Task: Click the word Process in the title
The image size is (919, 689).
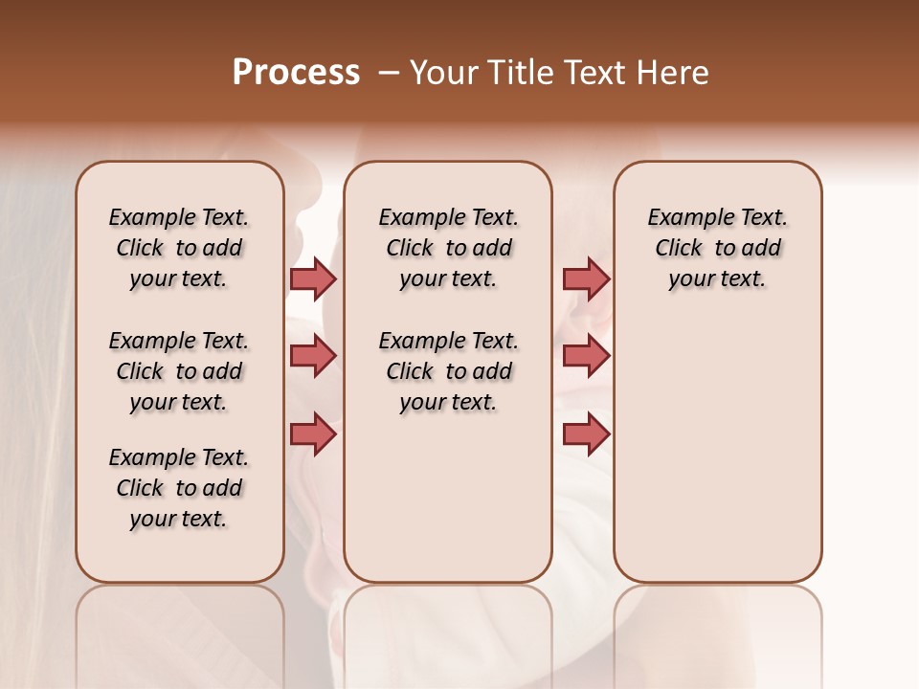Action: (296, 73)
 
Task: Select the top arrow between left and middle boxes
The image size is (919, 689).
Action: (313, 279)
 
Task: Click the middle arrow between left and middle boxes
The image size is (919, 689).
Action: (313, 357)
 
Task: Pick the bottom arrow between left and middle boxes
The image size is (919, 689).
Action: (313, 433)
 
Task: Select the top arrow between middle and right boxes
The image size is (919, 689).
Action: (586, 279)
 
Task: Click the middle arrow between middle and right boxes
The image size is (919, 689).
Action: (586, 357)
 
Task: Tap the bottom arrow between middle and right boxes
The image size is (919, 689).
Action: (586, 433)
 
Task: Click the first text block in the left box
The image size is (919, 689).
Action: (179, 248)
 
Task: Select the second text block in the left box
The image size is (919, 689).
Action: (179, 371)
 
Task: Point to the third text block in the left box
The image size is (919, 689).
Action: (179, 488)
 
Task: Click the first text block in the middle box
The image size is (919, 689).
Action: (448, 248)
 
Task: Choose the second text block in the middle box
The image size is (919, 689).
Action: (448, 371)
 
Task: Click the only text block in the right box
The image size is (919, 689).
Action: (717, 248)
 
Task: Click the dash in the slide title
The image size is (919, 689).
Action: (389, 74)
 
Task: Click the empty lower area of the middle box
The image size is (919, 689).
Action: (448, 498)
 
